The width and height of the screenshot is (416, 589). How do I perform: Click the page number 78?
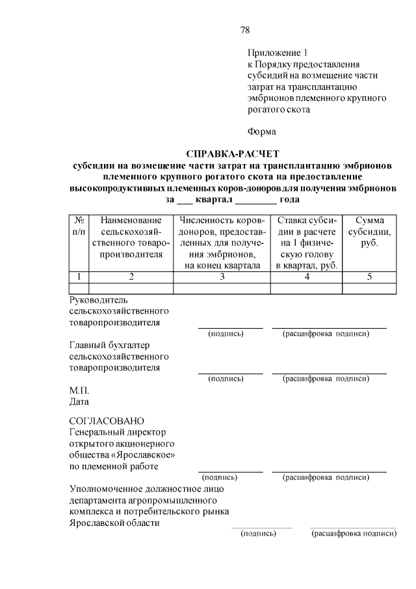click(245, 30)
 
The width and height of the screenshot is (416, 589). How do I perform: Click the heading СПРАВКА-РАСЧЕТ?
click(232, 154)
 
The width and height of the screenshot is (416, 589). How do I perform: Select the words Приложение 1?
click(276, 52)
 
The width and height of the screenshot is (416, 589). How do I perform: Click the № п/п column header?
click(78, 225)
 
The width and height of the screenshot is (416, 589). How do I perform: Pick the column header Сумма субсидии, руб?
click(369, 232)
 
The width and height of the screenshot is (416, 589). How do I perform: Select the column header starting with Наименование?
click(131, 237)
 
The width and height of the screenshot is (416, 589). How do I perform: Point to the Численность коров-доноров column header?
click(222, 243)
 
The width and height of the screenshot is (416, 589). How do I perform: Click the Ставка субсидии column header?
click(305, 243)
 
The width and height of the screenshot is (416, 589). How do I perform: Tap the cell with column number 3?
click(222, 277)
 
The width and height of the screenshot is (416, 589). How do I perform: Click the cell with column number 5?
click(369, 277)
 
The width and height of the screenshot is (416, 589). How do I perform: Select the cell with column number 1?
click(78, 277)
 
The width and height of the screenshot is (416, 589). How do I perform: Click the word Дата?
click(79, 402)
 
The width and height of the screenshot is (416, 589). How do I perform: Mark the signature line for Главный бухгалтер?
click(230, 373)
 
